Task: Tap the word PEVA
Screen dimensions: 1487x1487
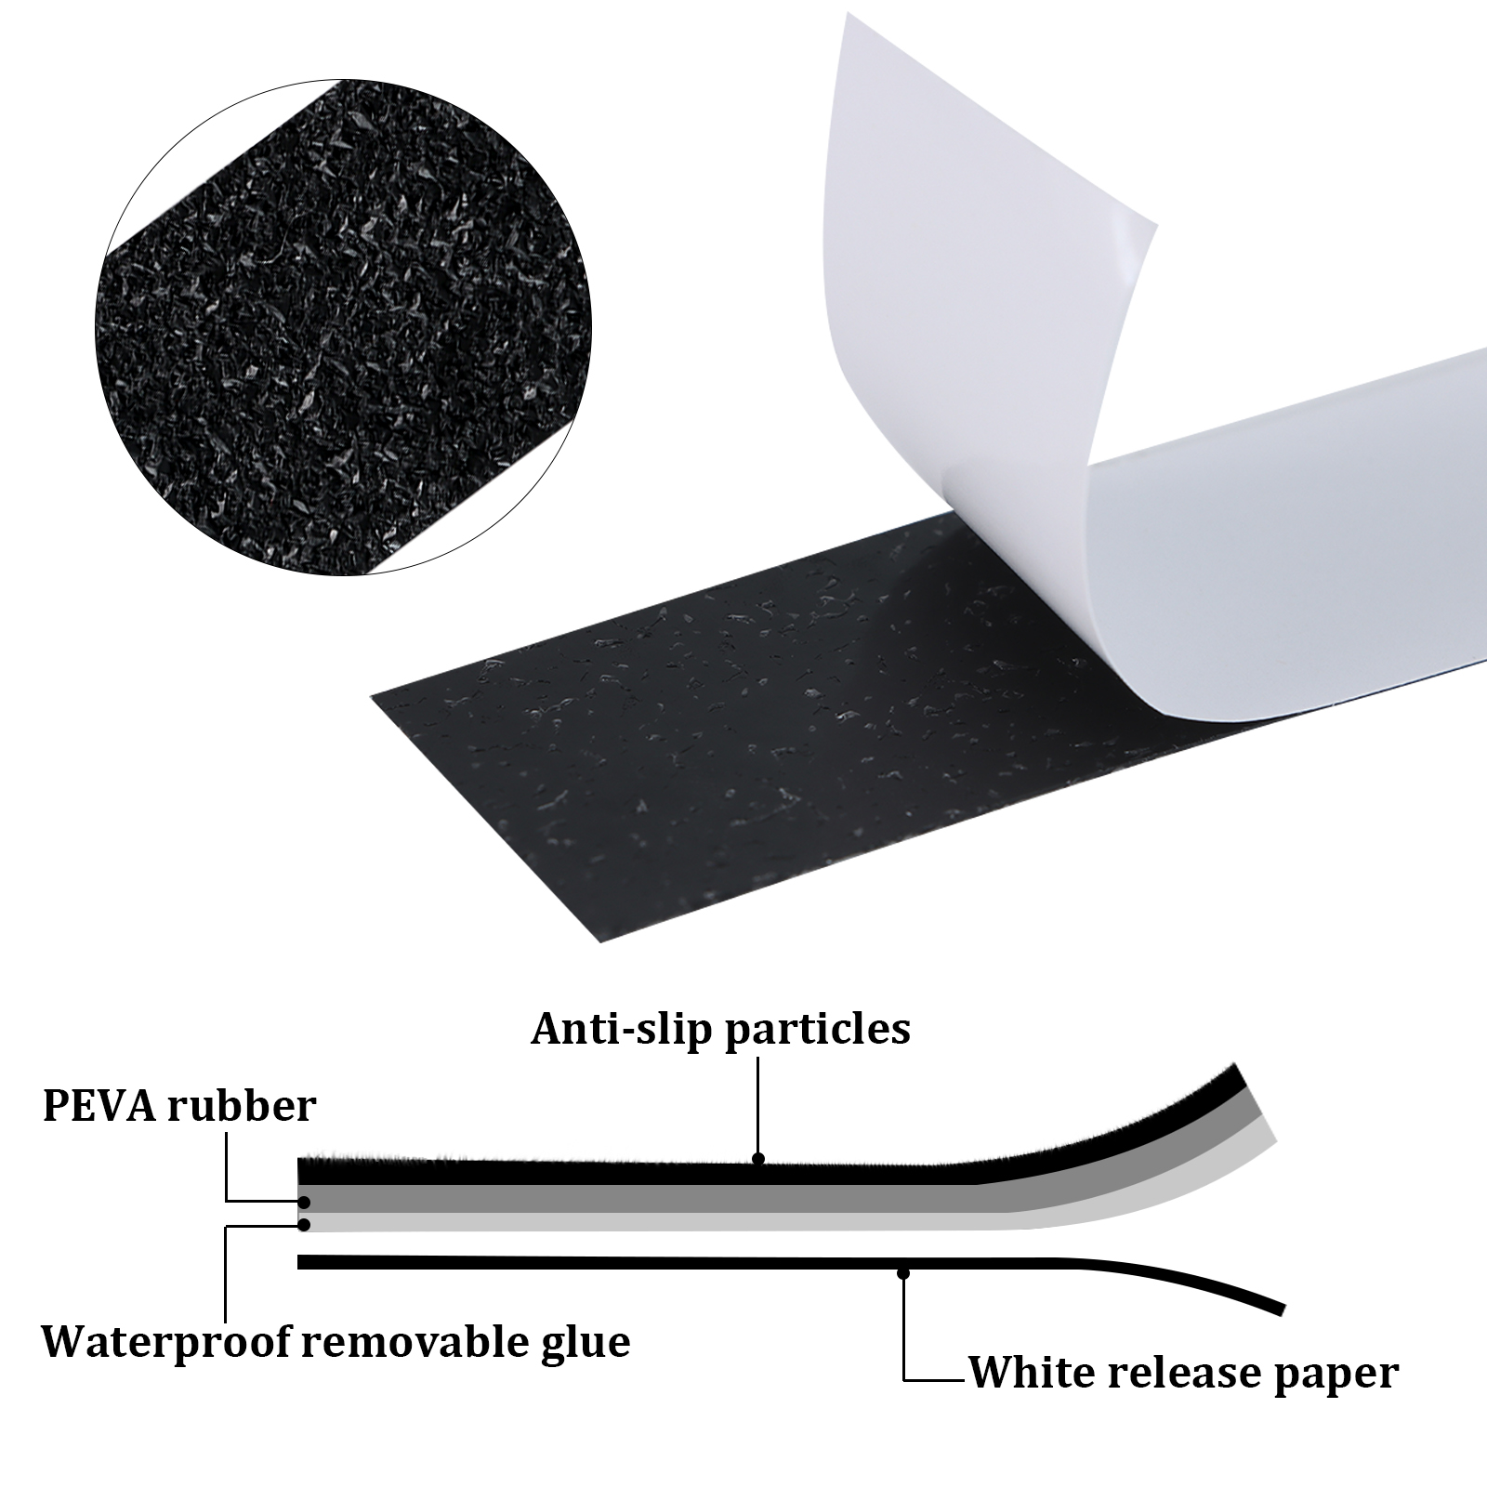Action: (98, 1107)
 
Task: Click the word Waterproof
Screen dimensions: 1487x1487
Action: (167, 1342)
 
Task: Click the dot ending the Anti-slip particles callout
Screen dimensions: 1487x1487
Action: (758, 1159)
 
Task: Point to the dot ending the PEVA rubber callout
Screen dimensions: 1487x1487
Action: (303, 1202)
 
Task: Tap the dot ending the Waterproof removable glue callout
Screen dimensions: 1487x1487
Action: (303, 1225)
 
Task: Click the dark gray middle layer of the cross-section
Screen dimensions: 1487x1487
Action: (651, 1198)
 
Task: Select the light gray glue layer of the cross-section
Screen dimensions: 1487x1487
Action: (651, 1221)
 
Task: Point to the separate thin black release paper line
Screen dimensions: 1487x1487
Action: (651, 1262)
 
